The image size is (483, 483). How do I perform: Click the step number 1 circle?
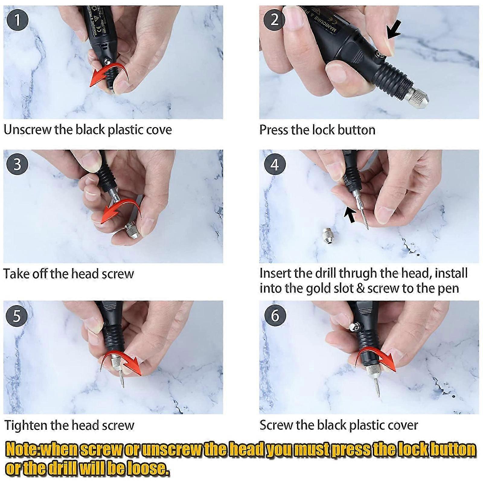coord(17,20)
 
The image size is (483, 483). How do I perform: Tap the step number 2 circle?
coord(274,20)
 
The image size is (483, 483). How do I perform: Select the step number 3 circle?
coord(17,164)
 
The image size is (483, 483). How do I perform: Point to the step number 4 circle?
coord(274,165)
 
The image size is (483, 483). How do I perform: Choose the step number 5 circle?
coord(17,315)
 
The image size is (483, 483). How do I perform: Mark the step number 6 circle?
coord(274,315)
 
